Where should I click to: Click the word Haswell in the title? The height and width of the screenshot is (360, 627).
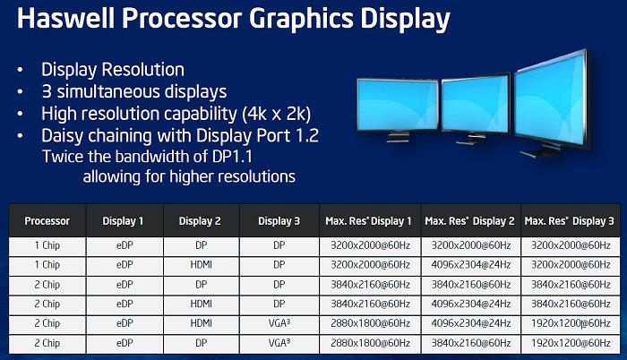(x=66, y=19)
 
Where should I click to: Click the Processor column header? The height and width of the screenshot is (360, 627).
(x=47, y=221)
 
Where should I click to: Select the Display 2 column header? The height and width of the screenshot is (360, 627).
(x=200, y=221)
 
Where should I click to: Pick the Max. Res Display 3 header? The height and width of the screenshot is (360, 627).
(x=569, y=221)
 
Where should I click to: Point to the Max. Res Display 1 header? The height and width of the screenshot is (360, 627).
(x=368, y=221)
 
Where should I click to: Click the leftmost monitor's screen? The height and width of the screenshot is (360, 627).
(x=398, y=105)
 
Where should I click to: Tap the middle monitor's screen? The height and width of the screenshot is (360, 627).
(x=476, y=105)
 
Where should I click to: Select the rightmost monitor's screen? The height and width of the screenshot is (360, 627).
(x=550, y=99)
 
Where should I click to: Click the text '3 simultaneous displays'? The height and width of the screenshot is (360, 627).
(x=134, y=91)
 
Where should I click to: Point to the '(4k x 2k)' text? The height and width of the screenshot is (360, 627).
(x=276, y=114)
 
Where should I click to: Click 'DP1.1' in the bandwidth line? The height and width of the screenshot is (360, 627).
(x=232, y=157)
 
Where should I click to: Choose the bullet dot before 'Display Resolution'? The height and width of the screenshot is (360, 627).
(x=20, y=70)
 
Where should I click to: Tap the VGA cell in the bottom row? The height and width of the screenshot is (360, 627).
(x=279, y=343)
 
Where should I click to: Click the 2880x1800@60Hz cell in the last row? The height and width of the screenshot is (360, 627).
(x=370, y=343)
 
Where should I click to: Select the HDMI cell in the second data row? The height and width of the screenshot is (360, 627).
(x=202, y=265)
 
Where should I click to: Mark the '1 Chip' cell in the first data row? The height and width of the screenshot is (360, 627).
(x=47, y=245)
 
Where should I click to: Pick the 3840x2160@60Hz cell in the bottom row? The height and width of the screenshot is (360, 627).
(x=470, y=343)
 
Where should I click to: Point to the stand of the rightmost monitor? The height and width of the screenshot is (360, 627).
(x=537, y=152)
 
